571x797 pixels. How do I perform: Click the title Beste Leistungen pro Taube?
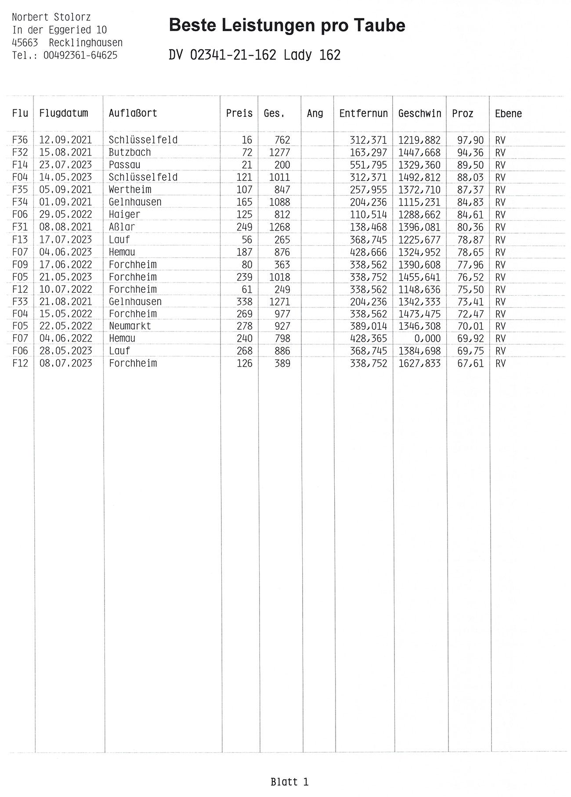click(x=287, y=25)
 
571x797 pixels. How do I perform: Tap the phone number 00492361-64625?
click(x=80, y=55)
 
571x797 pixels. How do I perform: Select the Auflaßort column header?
click(x=133, y=113)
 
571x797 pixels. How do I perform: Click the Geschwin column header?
click(x=419, y=113)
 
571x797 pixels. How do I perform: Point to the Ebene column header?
click(x=508, y=114)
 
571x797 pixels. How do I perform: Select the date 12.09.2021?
click(x=65, y=140)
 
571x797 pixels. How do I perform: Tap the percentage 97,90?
click(x=470, y=140)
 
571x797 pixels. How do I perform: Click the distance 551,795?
click(x=369, y=165)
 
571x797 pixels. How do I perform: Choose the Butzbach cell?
click(x=130, y=152)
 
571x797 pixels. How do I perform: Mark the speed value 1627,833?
click(x=419, y=363)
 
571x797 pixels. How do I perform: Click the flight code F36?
click(x=20, y=140)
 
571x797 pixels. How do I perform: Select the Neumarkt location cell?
click(x=130, y=326)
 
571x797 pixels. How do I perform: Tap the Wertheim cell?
click(x=130, y=190)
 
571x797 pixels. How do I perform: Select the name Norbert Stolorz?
click(x=51, y=18)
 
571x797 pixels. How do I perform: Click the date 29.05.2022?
click(x=65, y=214)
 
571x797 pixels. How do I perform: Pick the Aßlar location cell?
click(x=122, y=227)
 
